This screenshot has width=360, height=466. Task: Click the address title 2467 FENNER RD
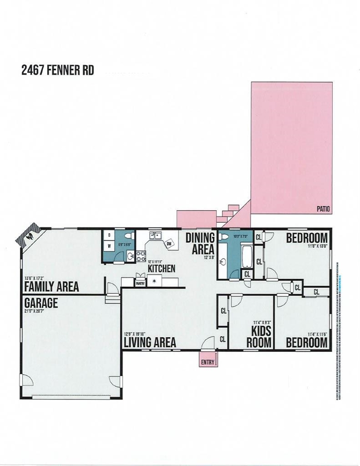[x=57, y=70]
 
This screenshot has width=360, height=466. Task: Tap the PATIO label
[x=323, y=209]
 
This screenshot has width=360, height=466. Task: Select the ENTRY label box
[x=207, y=362]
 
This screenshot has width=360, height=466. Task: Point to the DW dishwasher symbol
[x=170, y=244]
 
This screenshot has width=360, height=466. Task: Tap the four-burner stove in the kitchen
[x=141, y=256]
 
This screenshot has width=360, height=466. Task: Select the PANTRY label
[x=140, y=282]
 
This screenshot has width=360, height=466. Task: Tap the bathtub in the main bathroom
[x=246, y=256]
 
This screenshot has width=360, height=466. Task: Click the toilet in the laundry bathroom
[x=129, y=236]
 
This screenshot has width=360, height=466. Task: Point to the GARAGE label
[x=41, y=303]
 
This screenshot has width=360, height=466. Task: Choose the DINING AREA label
[x=200, y=243]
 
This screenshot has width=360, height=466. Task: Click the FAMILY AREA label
[x=51, y=287]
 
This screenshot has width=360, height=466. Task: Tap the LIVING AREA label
[x=150, y=342]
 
